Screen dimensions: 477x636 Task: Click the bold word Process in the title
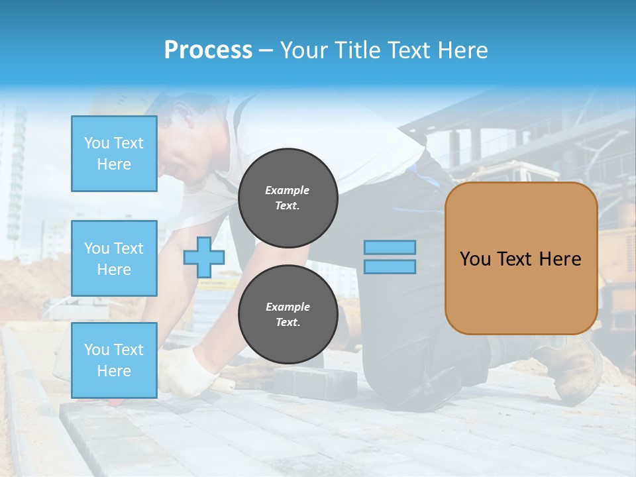coord(208,50)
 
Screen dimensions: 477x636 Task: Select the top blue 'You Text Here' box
coord(114,154)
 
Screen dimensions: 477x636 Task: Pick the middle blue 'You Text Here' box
coord(114,258)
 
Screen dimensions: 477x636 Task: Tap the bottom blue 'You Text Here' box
coord(114,360)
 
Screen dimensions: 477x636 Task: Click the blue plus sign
coord(203,257)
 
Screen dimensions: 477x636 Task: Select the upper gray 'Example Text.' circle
coord(288,198)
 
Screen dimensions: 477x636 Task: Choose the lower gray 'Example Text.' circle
coord(288,315)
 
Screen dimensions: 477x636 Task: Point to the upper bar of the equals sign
coord(390,247)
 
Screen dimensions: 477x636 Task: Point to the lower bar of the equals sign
coord(390,266)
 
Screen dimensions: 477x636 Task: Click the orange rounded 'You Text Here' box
coord(521,258)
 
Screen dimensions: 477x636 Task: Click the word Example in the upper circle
coord(287,190)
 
